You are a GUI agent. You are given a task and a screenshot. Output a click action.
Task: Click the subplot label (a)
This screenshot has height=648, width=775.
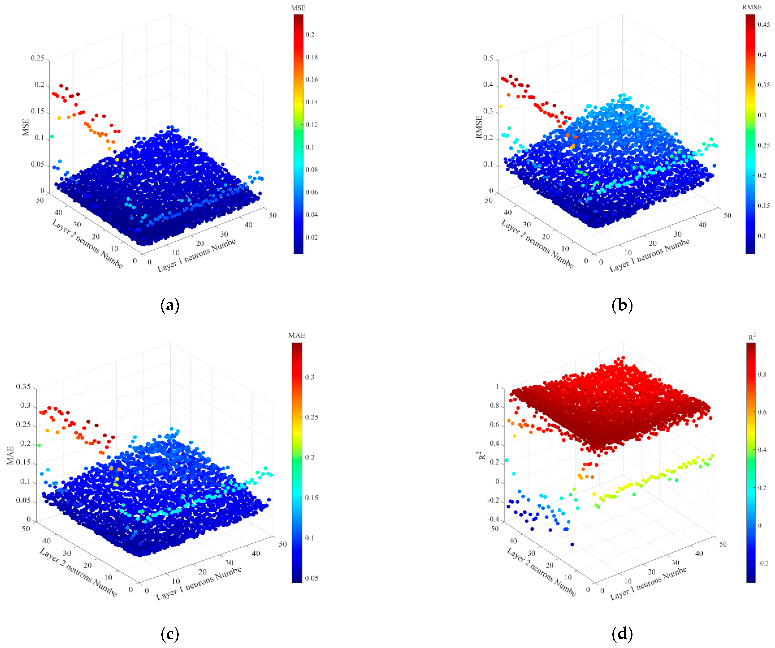[170, 306]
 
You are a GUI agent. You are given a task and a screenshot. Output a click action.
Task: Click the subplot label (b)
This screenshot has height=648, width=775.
[622, 306]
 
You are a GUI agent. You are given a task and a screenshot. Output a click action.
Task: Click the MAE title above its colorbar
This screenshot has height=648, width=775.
[297, 335]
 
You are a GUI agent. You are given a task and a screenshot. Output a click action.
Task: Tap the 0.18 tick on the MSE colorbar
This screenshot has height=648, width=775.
[312, 57]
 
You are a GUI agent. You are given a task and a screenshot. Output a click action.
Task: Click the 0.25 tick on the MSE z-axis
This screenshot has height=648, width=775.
[37, 58]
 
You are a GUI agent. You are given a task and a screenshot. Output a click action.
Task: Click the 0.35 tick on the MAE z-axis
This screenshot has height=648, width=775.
[23, 387]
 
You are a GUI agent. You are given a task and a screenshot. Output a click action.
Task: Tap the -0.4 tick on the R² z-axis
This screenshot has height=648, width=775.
[493, 519]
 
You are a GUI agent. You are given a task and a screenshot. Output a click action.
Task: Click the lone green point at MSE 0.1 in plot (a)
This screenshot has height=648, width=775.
[52, 137]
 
